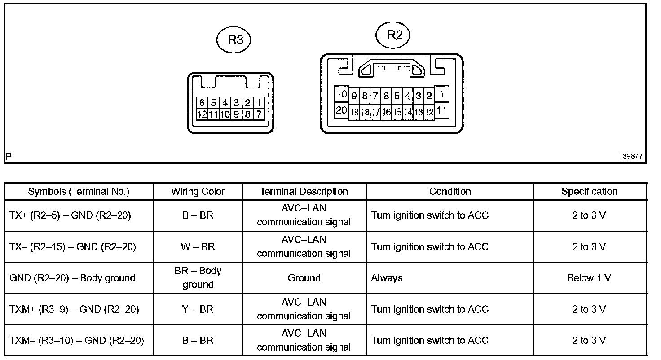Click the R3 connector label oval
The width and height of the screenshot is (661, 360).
click(x=233, y=40)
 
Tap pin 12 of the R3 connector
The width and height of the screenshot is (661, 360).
click(x=202, y=114)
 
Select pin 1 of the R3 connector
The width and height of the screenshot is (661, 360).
click(x=259, y=103)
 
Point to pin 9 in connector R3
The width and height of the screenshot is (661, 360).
click(x=236, y=114)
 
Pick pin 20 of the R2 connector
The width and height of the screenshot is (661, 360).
click(x=341, y=110)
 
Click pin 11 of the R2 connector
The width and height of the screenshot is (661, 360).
click(x=442, y=110)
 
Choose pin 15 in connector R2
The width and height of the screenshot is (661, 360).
click(x=397, y=112)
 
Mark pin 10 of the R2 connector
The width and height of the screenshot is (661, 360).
click(x=341, y=94)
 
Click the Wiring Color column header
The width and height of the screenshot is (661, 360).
click(x=198, y=191)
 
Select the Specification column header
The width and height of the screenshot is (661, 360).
click(x=589, y=191)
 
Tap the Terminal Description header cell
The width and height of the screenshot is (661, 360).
click(x=304, y=191)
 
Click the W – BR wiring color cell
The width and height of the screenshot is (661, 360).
click(x=198, y=246)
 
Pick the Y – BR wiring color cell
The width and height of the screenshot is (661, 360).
click(x=198, y=309)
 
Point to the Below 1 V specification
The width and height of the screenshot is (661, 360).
click(x=589, y=278)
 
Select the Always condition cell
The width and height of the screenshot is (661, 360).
click(x=387, y=278)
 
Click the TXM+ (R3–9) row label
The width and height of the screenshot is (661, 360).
click(x=74, y=309)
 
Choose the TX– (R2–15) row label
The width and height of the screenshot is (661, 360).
click(x=72, y=246)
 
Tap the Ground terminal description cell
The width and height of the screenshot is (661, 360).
click(x=304, y=278)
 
